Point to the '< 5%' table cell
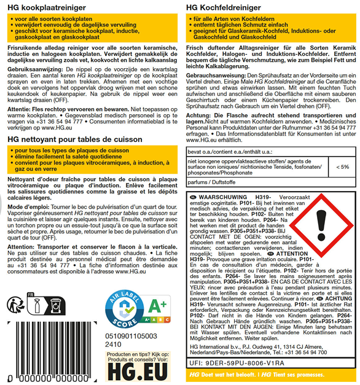342,166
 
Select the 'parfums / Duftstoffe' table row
209,182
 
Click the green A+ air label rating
161,323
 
